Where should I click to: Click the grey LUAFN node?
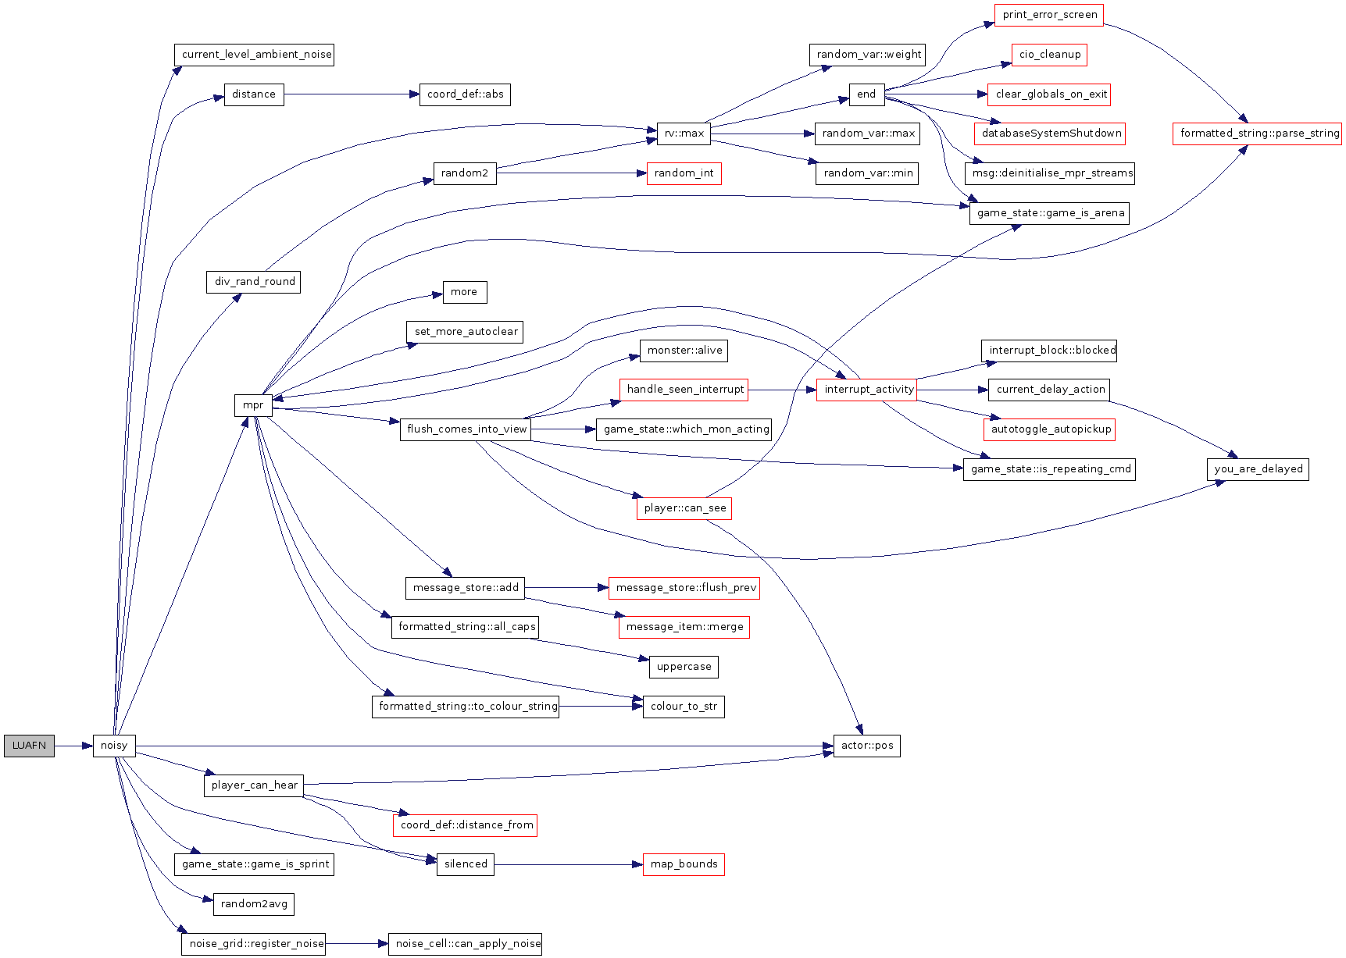coord(29,746)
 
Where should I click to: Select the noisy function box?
coord(114,746)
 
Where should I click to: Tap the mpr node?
coord(253,405)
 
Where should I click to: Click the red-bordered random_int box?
coord(684,173)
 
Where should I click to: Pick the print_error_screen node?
coord(1049,15)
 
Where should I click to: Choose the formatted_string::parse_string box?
coord(1257,134)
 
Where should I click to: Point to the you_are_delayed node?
coord(1258,469)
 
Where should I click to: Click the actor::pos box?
coord(866,746)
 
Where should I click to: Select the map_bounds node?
coord(684,864)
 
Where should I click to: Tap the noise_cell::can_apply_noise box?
coord(465,944)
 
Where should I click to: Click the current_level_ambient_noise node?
coord(254,55)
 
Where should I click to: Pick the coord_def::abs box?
coord(465,94)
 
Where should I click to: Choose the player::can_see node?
coord(684,508)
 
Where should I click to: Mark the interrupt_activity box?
coord(866,390)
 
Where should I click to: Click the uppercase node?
coord(684,667)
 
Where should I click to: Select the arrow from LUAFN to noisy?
coord(73,746)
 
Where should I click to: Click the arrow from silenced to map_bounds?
coord(568,864)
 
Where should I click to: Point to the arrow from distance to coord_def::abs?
coord(352,94)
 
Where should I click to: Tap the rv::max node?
coord(684,134)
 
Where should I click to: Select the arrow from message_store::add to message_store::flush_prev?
coord(566,587)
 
